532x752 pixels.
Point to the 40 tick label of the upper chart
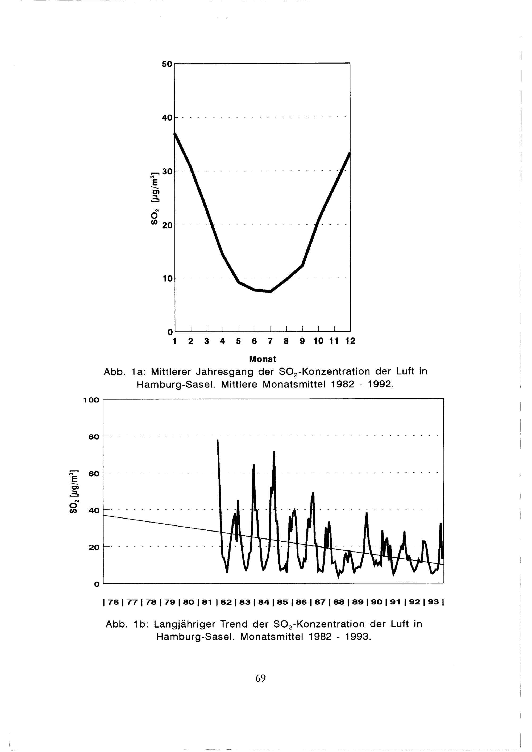pos(167,118)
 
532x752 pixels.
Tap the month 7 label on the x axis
pos(270,341)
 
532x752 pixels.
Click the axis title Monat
pos(263,359)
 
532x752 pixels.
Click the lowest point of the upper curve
pos(270,291)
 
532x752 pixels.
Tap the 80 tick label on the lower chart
pos(94,437)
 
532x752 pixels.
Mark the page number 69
pos(260,678)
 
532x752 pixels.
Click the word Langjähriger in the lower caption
pos(184,624)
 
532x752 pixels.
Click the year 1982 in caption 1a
pos(343,384)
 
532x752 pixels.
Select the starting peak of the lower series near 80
pos(218,441)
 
